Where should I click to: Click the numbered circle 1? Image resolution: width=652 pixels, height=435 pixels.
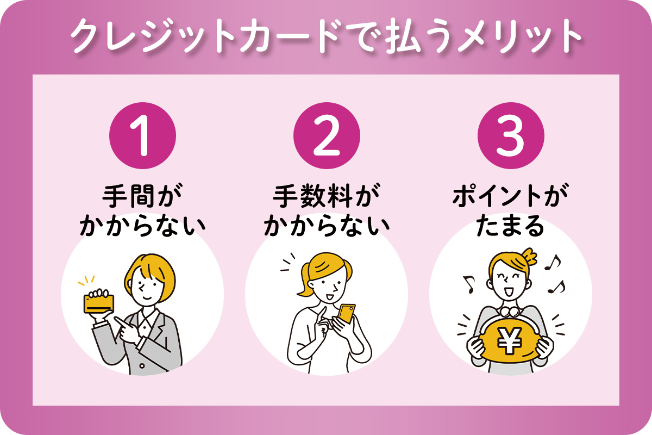142,135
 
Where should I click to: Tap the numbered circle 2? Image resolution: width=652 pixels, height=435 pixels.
327,135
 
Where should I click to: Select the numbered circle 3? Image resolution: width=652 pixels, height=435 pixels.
511,135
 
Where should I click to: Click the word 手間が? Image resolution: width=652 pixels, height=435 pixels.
142,196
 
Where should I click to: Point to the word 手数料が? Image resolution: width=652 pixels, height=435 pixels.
327,196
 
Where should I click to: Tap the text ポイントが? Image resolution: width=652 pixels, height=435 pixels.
511,196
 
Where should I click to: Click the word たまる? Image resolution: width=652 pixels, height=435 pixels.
510,226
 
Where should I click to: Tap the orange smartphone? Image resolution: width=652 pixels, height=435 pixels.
347,314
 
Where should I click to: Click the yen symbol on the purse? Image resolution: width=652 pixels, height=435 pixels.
510,340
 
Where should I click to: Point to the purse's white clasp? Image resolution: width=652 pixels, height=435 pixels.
510,312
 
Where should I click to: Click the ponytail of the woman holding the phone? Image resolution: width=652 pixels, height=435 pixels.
304,279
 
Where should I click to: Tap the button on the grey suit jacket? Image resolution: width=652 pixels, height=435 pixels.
142,365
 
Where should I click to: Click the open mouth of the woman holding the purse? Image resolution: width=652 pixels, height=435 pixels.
509,291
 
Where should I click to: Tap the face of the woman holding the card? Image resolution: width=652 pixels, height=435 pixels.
148,288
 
